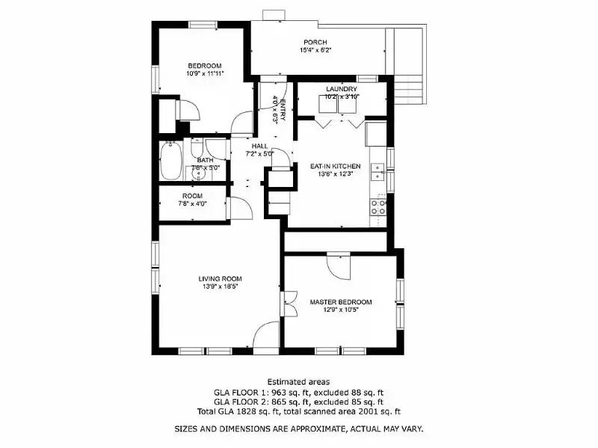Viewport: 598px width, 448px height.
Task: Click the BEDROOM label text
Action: [204, 65]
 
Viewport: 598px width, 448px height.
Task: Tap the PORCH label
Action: [315, 42]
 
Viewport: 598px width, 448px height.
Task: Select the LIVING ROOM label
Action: [220, 279]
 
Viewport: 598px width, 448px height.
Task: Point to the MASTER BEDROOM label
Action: [340, 302]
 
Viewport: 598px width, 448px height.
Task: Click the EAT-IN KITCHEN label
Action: [336, 166]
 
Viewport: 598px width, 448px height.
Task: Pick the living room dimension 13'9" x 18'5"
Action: [220, 286]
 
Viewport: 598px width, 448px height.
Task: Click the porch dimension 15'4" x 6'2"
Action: [315, 50]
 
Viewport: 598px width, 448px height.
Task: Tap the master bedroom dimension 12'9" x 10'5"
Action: [340, 310]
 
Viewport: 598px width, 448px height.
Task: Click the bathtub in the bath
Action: [170, 162]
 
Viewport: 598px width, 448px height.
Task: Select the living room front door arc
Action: [265, 337]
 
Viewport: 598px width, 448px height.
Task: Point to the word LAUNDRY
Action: [341, 89]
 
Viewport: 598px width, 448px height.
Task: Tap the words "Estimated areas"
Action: [298, 381]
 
